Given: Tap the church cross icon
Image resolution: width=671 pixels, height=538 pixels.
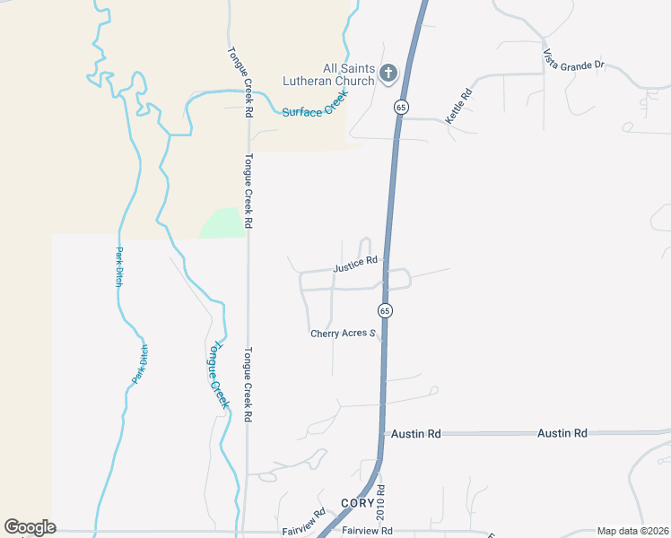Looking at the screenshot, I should pos(388,74).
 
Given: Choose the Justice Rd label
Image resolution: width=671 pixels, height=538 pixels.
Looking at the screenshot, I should pos(355,265).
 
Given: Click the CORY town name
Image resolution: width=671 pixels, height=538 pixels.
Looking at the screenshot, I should pos(355,503).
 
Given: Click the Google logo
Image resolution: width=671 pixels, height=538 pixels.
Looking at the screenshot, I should pos(30,527).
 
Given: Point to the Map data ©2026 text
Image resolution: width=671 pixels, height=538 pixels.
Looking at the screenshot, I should pos(632,531).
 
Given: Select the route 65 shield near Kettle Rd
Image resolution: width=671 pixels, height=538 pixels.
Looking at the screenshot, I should pos(400,107).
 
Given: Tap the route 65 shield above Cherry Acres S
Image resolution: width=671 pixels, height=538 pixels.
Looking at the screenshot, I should pos(384,310).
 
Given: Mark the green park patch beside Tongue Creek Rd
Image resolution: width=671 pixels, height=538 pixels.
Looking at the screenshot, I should pos(221,222).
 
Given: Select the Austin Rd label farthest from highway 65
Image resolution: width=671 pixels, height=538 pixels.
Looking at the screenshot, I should pos(562,433).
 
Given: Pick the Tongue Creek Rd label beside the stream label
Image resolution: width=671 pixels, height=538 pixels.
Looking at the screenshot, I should pos(248,385).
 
